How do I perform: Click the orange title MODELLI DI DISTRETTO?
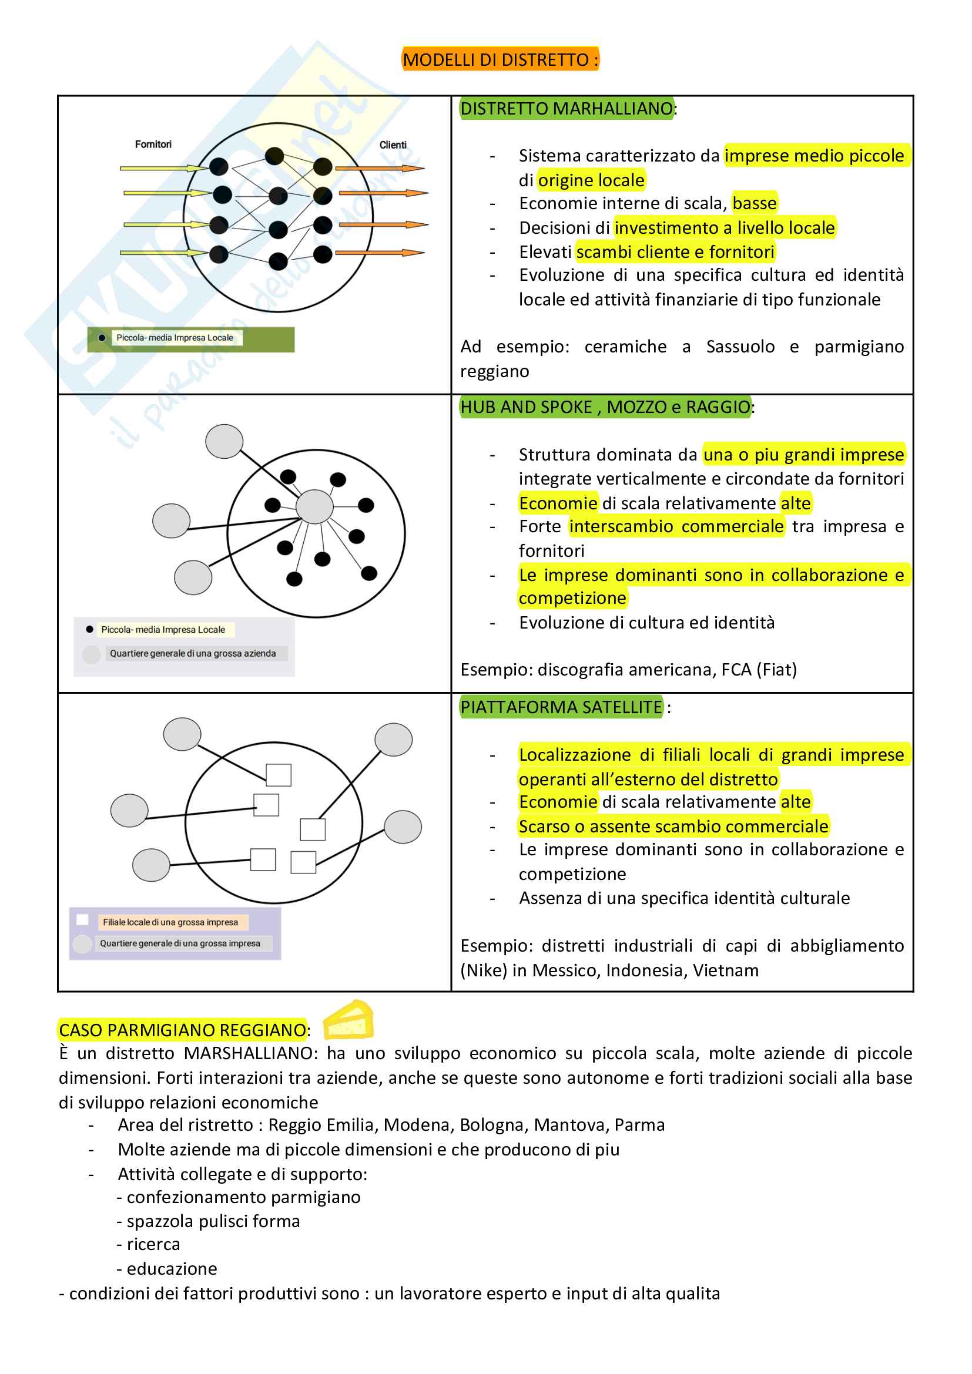click(500, 60)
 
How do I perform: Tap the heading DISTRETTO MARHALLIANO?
click(566, 108)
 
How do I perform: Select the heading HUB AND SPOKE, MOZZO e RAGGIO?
click(605, 407)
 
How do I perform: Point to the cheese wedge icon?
click(348, 1020)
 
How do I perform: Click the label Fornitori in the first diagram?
click(153, 145)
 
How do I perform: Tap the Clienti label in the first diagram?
click(393, 145)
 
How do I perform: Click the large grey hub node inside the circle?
click(315, 507)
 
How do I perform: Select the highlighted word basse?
click(754, 203)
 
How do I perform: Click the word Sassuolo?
click(740, 347)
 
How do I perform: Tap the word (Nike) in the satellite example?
click(484, 970)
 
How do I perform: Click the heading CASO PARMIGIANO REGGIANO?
click(183, 1030)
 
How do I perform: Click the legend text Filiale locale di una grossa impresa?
click(170, 922)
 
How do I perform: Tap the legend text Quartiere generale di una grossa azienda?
click(193, 653)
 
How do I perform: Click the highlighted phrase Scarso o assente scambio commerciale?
click(673, 827)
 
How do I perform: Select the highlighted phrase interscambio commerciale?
click(676, 526)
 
